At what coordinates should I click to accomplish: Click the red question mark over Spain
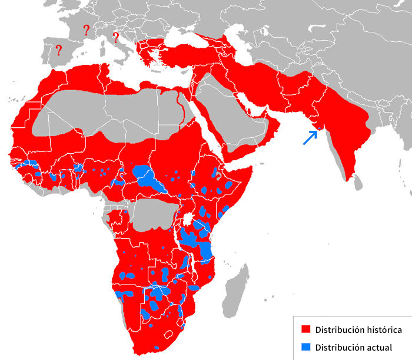(58, 51)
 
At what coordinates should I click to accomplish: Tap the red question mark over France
(87, 30)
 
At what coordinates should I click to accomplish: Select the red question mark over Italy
(115, 38)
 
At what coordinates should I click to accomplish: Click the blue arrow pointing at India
(308, 138)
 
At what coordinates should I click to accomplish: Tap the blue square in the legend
(305, 347)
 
